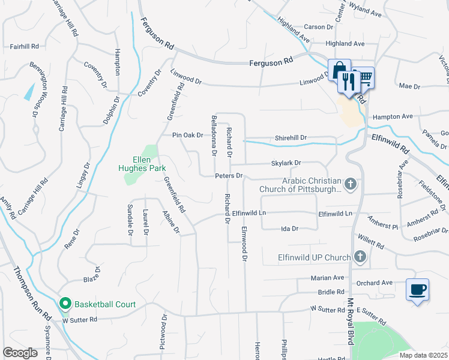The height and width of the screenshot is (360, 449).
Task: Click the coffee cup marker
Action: click(417, 289)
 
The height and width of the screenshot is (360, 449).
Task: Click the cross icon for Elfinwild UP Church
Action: click(360, 257)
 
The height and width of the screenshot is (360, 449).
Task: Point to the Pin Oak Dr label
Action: click(188, 136)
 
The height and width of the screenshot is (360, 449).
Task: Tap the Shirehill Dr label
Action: click(291, 137)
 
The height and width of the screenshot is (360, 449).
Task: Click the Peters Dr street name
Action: click(229, 176)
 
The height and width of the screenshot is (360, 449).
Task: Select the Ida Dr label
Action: click(290, 229)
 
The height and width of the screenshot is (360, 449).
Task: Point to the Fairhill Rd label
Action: click(24, 46)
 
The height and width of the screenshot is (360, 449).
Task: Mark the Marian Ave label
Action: click(327, 278)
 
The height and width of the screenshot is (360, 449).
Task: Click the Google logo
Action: click(20, 352)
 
